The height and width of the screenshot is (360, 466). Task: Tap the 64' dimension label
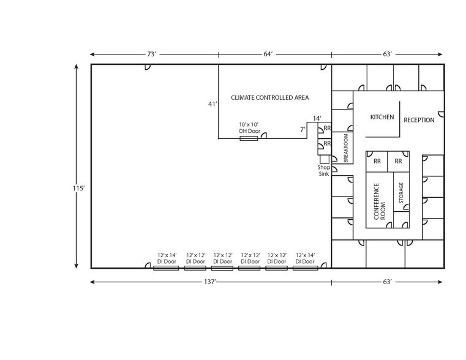point(268,54)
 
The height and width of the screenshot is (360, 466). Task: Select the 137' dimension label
point(211,282)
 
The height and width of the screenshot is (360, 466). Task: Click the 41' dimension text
point(212,104)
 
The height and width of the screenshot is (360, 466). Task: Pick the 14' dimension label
point(317,118)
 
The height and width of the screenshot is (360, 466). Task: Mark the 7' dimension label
point(302,130)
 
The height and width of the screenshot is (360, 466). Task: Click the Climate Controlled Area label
point(269,97)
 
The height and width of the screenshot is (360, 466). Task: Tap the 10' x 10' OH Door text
point(249,128)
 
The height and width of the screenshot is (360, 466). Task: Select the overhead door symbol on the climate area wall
point(249,138)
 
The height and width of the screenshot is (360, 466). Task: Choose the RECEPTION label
point(419,120)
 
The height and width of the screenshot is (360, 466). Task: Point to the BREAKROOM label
point(346,148)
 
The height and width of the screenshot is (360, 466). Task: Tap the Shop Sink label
point(323,170)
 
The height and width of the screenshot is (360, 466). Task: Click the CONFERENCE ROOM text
point(380,201)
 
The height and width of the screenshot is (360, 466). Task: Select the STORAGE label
point(402,193)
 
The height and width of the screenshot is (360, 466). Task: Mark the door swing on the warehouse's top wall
point(149,67)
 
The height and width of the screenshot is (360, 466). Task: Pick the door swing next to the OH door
point(263,135)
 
